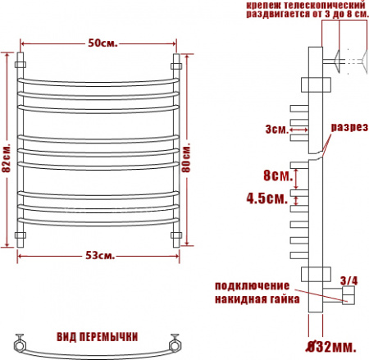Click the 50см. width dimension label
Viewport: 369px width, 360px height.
pos(102,43)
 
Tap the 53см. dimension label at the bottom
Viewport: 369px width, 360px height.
pos(100,256)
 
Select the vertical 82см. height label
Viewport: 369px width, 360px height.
pos(7,157)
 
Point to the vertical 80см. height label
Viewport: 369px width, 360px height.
pos(186,157)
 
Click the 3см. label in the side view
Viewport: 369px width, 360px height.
pos(277,129)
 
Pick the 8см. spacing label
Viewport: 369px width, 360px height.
pos(278,175)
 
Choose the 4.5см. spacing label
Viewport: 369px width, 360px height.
pos(267,198)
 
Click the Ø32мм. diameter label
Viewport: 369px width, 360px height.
pos(331,347)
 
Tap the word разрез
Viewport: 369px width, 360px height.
pos(349,127)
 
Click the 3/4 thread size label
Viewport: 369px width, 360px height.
pos(348,280)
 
